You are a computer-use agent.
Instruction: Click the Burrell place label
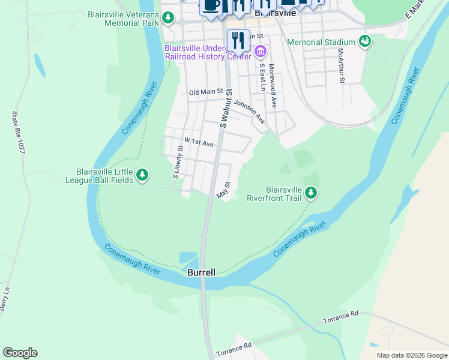click(201, 272)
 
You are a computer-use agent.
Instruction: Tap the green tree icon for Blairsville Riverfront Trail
click(310, 193)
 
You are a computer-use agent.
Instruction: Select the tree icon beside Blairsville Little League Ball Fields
click(142, 175)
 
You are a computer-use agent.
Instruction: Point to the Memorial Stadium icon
click(364, 41)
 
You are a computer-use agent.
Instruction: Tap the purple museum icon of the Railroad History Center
click(260, 52)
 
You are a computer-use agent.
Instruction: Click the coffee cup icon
click(211, 5)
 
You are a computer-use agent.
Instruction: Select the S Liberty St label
click(178, 162)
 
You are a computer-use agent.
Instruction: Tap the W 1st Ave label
click(199, 143)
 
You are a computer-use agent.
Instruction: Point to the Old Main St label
click(206, 92)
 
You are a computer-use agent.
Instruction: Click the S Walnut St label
click(226, 109)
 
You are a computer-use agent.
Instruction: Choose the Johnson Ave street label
click(249, 112)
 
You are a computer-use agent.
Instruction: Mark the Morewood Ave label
click(273, 86)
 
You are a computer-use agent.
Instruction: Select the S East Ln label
click(262, 79)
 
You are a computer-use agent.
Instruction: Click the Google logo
click(20, 353)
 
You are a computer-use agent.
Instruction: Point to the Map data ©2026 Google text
click(411, 355)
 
